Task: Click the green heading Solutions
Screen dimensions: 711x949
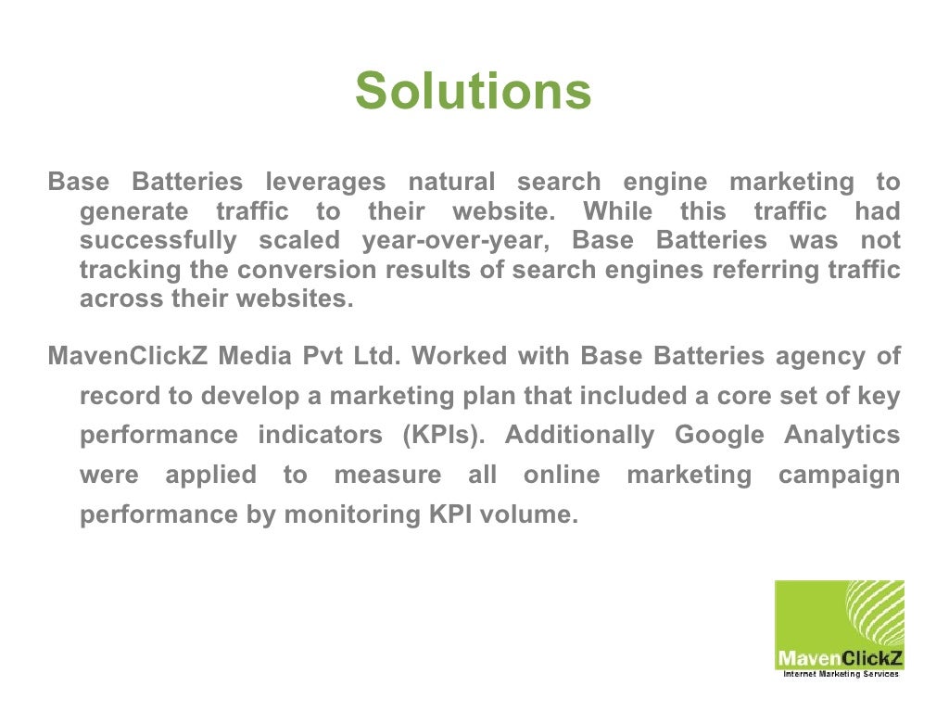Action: coord(473,92)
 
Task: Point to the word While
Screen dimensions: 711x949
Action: coord(617,211)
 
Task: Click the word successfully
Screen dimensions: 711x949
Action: coord(158,241)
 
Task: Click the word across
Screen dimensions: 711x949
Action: coord(121,300)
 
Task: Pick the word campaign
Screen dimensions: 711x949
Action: coord(839,476)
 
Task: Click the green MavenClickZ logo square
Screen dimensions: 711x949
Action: coord(839,626)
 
